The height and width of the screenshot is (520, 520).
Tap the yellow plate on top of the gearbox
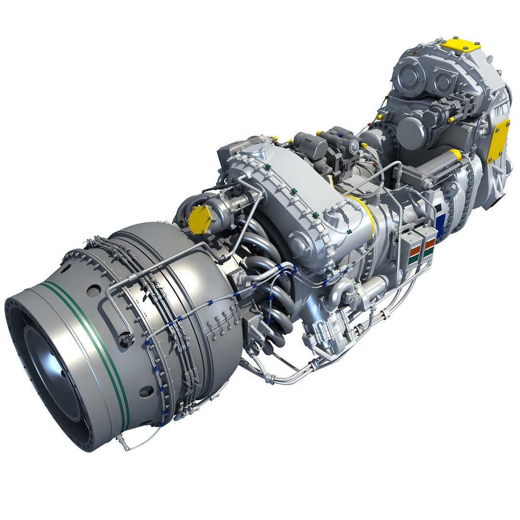point(460,45)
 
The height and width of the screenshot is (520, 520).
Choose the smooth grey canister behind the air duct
point(309,144)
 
